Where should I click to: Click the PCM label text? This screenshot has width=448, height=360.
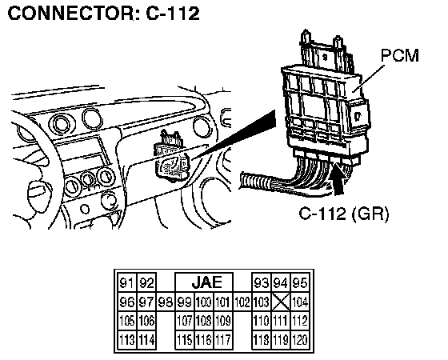(400, 55)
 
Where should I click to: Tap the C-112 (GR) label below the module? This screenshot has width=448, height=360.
(344, 214)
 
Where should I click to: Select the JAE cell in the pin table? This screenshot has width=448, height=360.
(204, 282)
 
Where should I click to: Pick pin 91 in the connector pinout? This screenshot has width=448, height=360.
(127, 282)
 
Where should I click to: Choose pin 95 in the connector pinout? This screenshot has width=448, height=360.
(300, 282)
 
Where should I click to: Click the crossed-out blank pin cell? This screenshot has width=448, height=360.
(281, 302)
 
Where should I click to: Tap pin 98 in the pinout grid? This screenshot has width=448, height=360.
(166, 302)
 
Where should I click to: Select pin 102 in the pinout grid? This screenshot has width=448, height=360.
(242, 302)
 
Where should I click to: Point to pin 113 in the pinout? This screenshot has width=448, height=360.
(127, 340)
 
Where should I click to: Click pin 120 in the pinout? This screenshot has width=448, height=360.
(300, 340)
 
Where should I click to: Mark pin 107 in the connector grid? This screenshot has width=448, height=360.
(185, 321)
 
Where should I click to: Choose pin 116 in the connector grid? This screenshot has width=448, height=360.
(204, 340)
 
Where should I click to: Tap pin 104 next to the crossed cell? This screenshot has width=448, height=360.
(300, 302)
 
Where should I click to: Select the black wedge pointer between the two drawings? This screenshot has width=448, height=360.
(234, 134)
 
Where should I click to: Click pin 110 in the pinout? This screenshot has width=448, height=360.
(262, 321)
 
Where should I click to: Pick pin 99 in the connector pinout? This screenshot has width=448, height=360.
(185, 302)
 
